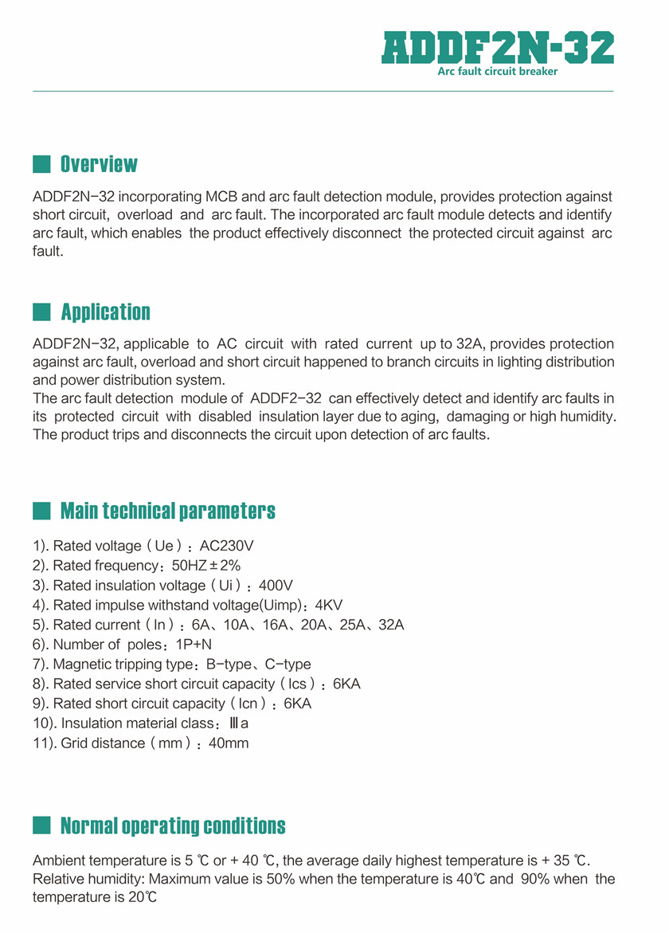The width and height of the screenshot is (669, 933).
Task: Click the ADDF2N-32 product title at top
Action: click(498, 48)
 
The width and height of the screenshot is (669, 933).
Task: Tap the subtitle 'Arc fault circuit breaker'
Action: click(498, 72)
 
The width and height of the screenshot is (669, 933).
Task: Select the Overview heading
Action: click(99, 165)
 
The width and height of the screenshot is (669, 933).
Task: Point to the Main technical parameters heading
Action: click(168, 511)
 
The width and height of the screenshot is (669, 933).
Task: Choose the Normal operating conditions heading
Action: click(173, 825)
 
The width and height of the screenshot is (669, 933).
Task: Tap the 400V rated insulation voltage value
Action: click(276, 586)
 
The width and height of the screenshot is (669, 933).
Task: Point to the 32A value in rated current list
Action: click(391, 625)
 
